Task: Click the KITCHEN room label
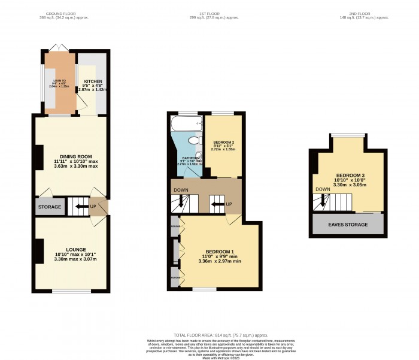pyautogui.click(x=92, y=81)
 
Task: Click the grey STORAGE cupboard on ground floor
pyautogui.click(x=49, y=207)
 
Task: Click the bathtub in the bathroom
pyautogui.click(x=187, y=124)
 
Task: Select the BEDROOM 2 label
pyautogui.click(x=223, y=142)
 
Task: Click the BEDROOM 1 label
pyautogui.click(x=220, y=251)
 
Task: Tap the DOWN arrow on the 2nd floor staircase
pyautogui.click(x=323, y=202)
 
